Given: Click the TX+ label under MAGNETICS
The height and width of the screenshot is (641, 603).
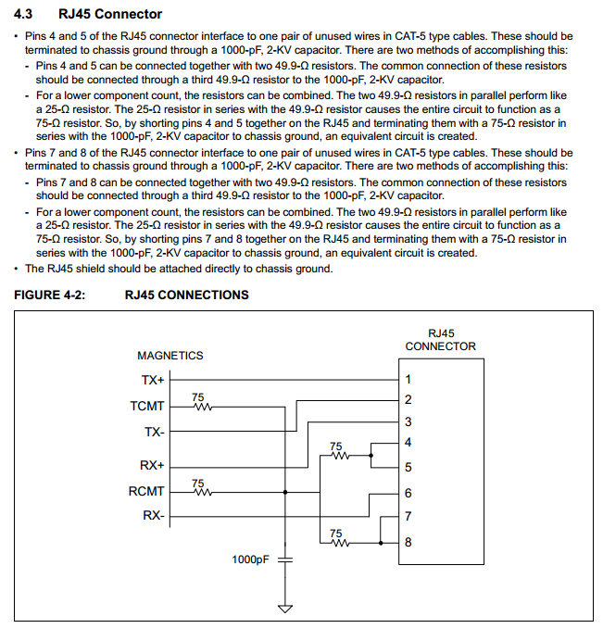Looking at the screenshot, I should [152, 379].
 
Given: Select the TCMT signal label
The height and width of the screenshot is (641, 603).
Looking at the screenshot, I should [148, 406].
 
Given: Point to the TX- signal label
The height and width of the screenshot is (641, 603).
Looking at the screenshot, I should [154, 433].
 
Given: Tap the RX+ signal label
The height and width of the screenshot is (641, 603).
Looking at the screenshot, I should [152, 465].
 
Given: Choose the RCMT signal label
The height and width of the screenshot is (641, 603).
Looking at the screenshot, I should [146, 492].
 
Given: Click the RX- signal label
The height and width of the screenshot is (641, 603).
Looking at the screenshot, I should [154, 517].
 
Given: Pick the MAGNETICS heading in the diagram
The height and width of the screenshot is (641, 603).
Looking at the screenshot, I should [170, 356].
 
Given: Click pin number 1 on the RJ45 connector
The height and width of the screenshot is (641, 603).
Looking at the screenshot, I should [408, 379].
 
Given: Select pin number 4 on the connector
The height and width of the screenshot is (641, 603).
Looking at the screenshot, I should [408, 443].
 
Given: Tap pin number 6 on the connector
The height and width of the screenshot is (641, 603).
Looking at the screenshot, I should [408, 494].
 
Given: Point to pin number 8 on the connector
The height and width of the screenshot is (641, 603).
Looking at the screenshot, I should [408, 542].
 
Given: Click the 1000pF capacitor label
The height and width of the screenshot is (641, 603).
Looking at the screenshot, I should [250, 559].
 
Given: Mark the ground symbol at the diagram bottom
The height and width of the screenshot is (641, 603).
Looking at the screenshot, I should [284, 609].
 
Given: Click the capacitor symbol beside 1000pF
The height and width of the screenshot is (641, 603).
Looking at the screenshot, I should [284, 559].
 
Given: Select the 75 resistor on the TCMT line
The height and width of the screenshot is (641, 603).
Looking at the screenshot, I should [201, 405].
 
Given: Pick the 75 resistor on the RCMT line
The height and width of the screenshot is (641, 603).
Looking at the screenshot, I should [201, 491].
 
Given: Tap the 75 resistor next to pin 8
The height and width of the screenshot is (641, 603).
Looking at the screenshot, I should [336, 541].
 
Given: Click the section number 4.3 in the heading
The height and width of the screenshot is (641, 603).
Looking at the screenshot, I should [25, 14].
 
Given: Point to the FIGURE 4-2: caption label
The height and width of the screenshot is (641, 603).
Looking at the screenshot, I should [52, 295].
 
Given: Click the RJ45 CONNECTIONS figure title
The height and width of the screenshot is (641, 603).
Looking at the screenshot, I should [186, 295].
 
